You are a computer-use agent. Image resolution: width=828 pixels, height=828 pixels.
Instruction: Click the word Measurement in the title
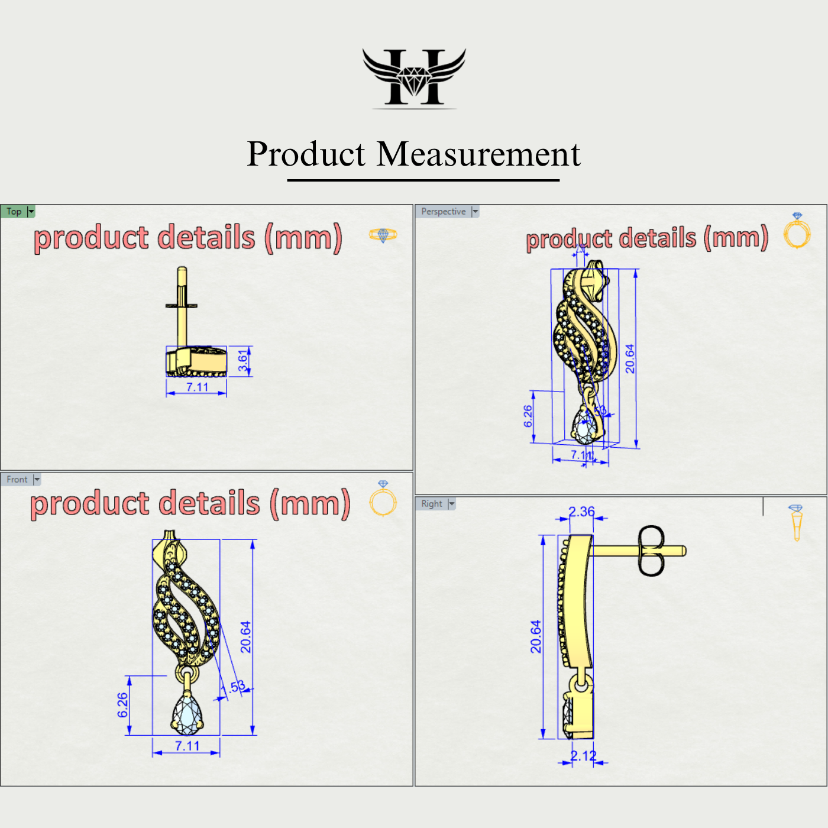pyautogui.click(x=478, y=154)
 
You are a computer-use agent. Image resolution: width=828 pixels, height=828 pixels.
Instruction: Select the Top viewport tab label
pyautogui.click(x=14, y=212)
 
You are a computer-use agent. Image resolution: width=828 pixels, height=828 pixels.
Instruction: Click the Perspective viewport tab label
pyautogui.click(x=443, y=212)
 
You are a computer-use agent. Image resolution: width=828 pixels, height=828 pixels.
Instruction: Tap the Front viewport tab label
pyautogui.click(x=17, y=480)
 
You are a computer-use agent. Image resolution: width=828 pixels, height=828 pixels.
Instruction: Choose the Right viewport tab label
pyautogui.click(x=432, y=504)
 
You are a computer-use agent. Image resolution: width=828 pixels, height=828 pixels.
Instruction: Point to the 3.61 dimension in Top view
pyautogui.click(x=242, y=361)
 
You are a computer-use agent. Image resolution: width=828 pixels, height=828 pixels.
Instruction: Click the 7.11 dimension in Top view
pyautogui.click(x=198, y=387)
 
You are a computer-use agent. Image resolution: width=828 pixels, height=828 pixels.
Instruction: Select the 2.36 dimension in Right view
pyautogui.click(x=581, y=512)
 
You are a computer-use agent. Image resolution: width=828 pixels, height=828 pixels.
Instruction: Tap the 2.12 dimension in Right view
pyautogui.click(x=583, y=756)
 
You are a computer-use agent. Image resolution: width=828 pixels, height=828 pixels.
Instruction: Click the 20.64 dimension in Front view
pyautogui.click(x=245, y=637)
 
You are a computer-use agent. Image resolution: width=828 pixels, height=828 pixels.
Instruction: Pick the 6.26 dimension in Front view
pyautogui.click(x=122, y=705)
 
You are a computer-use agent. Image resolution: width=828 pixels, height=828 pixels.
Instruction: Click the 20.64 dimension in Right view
pyautogui.click(x=536, y=636)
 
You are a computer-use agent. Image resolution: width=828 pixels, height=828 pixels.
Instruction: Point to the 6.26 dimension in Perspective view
pyautogui.click(x=528, y=416)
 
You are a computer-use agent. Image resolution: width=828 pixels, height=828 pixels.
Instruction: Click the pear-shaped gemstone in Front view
pyautogui.click(x=187, y=714)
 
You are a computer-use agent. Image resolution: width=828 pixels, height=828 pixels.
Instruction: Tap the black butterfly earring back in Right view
pyautogui.click(x=651, y=551)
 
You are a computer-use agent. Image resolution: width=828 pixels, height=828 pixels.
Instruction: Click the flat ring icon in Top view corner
pyautogui.click(x=383, y=235)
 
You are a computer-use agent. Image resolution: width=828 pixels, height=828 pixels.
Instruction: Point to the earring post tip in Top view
pyautogui.click(x=182, y=270)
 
